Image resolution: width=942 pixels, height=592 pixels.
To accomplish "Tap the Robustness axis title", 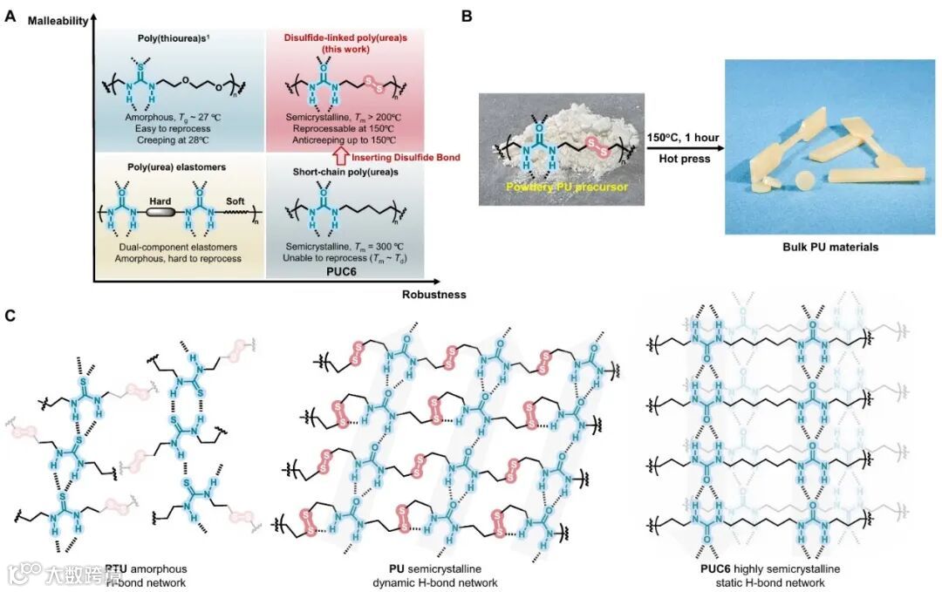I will pyautogui.click(x=433, y=294).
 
